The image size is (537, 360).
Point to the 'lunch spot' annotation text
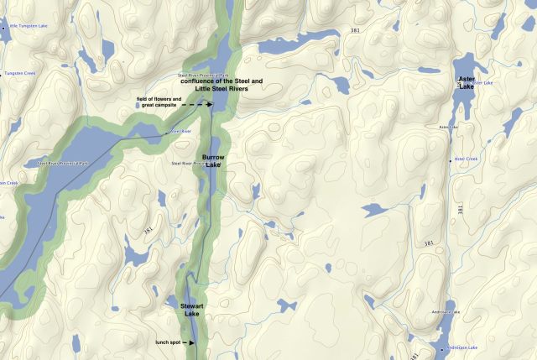pos(169,342)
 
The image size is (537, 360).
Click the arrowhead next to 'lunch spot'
pos(191,342)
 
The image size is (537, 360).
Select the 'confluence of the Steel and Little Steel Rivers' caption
pos(222,85)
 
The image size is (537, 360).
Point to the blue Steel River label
pos(181,132)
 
